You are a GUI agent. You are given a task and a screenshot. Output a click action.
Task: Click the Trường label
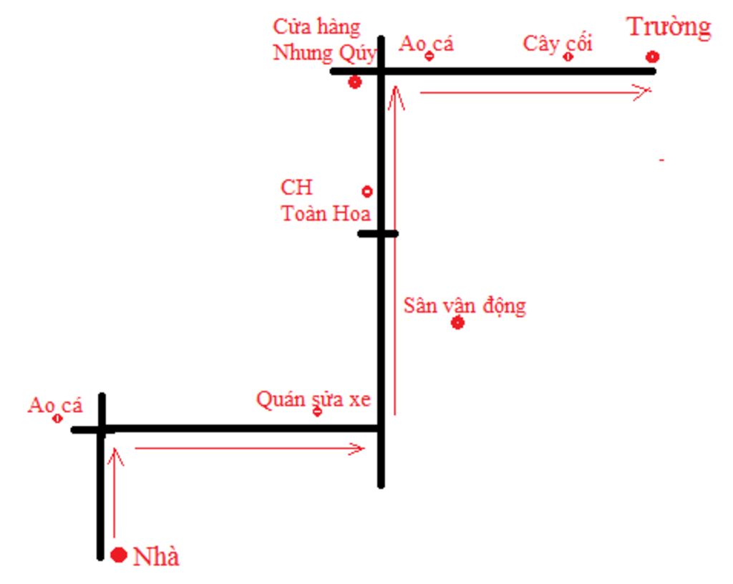(669, 28)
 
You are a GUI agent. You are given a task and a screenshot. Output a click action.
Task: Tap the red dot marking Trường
(652, 57)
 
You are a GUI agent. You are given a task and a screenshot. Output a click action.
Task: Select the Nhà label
(156, 557)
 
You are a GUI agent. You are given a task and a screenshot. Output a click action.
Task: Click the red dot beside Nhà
(120, 555)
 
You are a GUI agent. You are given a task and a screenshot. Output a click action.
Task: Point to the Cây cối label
(558, 43)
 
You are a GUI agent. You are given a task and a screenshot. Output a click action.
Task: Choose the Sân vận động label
(465, 306)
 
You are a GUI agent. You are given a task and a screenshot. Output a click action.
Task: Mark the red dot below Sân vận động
(458, 323)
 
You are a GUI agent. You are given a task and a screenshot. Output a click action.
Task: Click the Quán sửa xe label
(314, 399)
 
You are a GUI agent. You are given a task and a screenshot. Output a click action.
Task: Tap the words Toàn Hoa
(326, 213)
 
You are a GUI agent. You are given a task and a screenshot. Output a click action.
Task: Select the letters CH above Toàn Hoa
(296, 188)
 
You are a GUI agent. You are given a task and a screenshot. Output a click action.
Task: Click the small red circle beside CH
(367, 191)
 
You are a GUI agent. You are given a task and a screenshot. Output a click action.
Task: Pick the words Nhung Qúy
(324, 54)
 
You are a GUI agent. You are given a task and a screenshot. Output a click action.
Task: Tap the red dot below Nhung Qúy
(354, 82)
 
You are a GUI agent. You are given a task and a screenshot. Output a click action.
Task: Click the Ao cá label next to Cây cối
(427, 44)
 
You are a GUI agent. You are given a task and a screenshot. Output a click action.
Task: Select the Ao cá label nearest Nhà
(55, 406)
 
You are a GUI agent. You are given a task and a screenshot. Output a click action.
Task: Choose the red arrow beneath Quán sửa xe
(251, 449)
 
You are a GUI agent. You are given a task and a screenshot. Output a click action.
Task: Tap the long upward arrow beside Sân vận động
(395, 250)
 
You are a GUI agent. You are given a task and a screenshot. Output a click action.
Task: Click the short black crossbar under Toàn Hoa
(377, 233)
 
